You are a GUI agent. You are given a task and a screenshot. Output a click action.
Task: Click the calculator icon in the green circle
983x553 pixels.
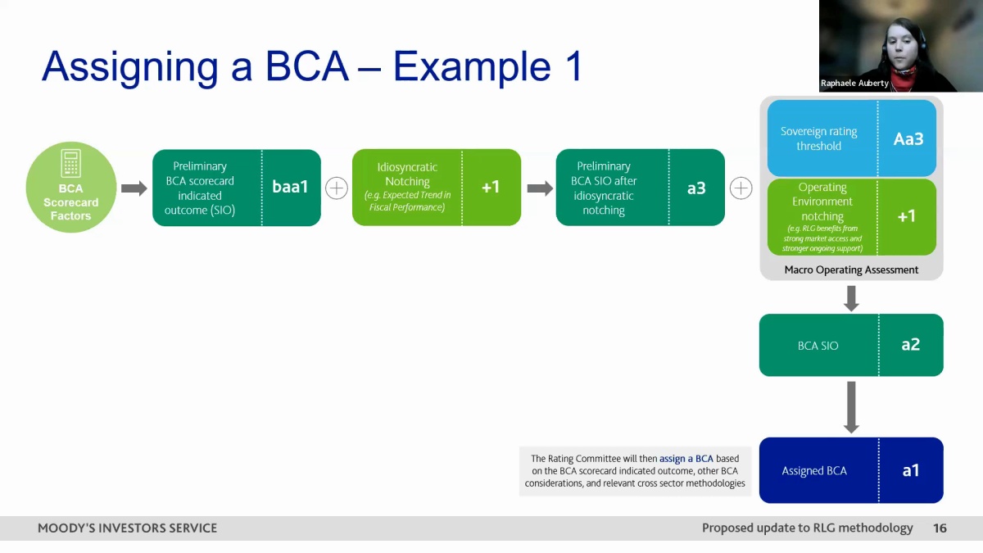point(70,163)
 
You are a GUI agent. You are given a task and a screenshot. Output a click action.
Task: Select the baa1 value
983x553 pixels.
point(290,187)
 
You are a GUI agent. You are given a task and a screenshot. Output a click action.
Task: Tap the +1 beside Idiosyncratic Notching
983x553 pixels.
point(491,188)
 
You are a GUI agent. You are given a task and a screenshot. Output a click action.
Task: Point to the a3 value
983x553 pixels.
point(696,188)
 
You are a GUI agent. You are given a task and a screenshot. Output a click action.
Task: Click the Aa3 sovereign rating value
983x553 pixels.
point(908,139)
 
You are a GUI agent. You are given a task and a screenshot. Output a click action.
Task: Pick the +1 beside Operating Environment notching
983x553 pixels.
point(907,216)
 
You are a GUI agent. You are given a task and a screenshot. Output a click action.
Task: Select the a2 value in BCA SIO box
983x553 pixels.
point(911,345)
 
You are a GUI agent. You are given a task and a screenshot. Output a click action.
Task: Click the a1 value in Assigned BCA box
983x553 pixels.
point(911,470)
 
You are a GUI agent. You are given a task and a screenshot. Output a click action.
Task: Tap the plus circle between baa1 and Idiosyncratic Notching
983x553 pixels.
point(337,188)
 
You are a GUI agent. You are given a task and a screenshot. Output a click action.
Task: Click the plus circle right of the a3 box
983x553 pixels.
point(741,188)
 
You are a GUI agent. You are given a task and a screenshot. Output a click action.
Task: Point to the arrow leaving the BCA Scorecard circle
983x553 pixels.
point(134,188)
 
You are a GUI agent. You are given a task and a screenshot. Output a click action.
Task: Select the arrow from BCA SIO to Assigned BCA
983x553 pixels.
point(851,407)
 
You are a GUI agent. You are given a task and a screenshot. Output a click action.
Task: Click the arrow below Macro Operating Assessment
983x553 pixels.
point(851,299)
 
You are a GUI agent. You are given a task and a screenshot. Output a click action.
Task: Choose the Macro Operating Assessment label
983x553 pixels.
point(851,270)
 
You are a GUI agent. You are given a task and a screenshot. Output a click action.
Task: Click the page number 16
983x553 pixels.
point(940,528)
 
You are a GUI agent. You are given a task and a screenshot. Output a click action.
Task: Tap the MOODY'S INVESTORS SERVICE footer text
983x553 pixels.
point(127,528)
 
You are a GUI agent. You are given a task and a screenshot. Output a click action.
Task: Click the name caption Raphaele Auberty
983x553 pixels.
point(854,83)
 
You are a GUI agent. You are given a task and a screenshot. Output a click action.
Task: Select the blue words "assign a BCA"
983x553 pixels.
point(686,459)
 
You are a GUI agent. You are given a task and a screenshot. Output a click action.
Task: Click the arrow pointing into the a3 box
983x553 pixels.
point(540,188)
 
